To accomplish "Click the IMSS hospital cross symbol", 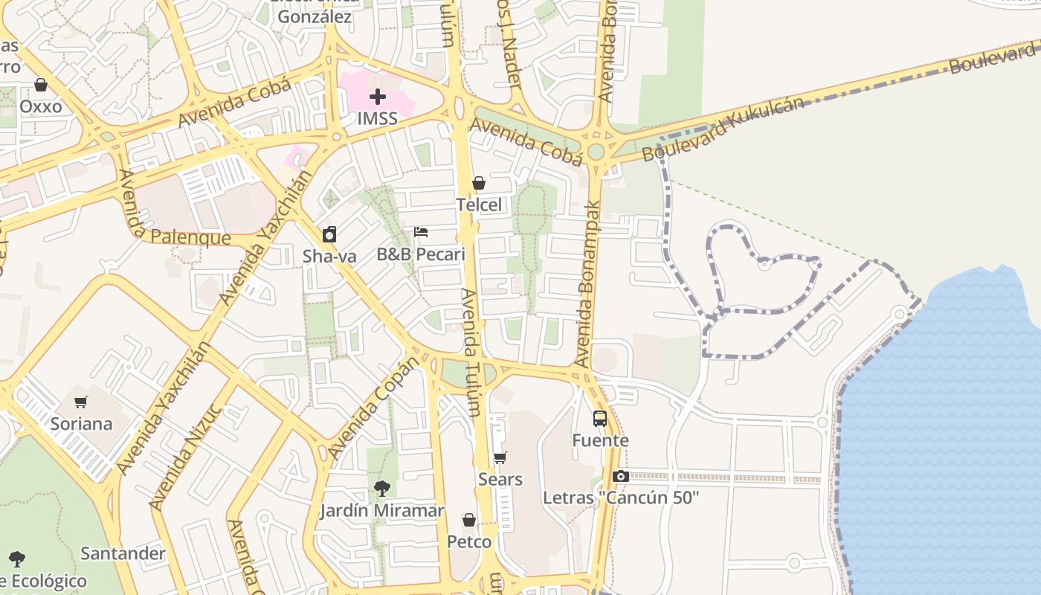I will point(378,97).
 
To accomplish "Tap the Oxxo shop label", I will point(41,106).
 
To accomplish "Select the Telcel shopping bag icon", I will point(479,183).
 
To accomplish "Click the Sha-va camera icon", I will point(329,235).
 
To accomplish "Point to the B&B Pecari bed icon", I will point(421,232).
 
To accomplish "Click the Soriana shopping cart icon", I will point(81,402).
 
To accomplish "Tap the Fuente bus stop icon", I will point(600,419).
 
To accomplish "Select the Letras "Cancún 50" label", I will point(621,498).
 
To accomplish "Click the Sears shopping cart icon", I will point(500,458).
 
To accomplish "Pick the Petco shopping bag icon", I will point(469,520).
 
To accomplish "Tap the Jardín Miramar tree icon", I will point(382,489).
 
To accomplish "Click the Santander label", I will point(123,553).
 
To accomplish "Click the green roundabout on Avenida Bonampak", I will point(596,152).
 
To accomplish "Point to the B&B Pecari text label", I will point(421,254).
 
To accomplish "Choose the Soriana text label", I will point(81,424).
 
